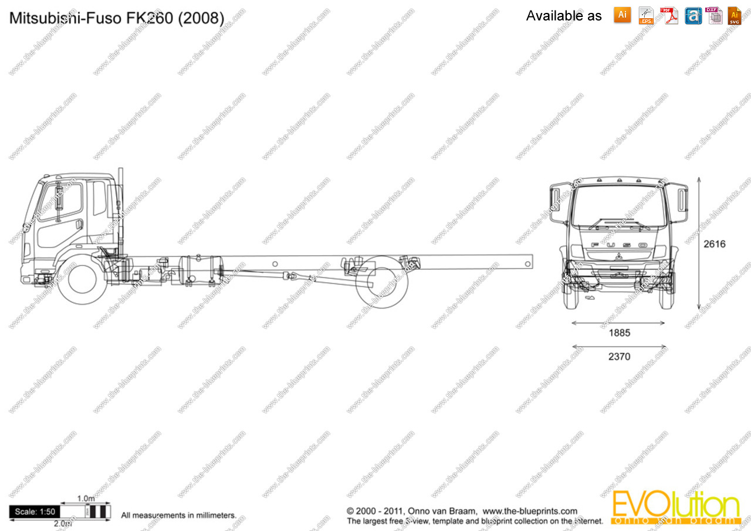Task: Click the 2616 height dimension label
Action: click(x=714, y=244)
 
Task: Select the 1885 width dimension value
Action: click(x=619, y=333)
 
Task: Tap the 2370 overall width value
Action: click(x=619, y=356)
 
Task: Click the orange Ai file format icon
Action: click(x=622, y=15)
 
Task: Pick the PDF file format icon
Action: click(x=669, y=15)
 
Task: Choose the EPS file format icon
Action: click(x=646, y=15)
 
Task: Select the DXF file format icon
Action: click(x=715, y=15)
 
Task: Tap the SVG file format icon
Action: click(x=735, y=15)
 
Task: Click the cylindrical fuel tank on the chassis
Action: click(x=200, y=270)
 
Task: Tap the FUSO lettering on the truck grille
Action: click(x=619, y=245)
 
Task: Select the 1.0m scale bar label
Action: click(x=86, y=499)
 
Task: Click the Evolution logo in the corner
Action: click(x=675, y=508)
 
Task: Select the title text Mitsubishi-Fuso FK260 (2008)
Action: click(x=116, y=18)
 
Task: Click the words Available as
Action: click(x=564, y=16)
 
